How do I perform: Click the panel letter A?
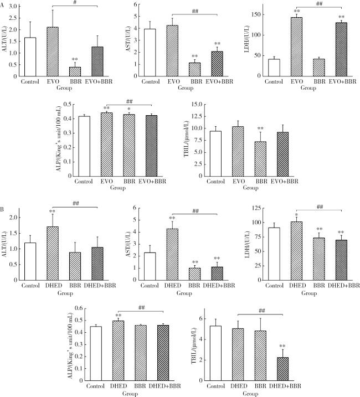pos(4,4)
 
